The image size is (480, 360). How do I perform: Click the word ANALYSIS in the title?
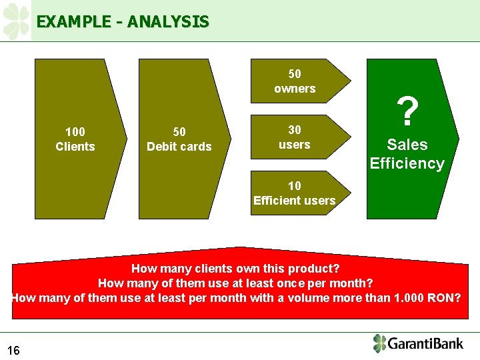click(168, 22)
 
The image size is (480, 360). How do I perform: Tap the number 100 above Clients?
click(75, 132)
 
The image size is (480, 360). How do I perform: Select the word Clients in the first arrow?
click(75, 147)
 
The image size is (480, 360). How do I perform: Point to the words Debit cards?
click(179, 147)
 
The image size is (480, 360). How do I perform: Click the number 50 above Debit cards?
click(179, 132)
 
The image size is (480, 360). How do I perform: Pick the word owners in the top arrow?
click(295, 88)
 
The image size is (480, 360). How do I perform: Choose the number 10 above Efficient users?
click(295, 186)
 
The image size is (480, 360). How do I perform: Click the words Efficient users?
click(295, 201)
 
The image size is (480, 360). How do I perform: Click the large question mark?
click(407, 112)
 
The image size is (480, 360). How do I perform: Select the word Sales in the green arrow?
click(407, 145)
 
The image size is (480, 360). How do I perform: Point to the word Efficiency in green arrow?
click(407, 163)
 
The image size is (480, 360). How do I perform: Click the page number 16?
click(13, 350)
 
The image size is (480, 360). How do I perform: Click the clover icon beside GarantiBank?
click(379, 343)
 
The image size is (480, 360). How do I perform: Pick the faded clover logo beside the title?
click(16, 21)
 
